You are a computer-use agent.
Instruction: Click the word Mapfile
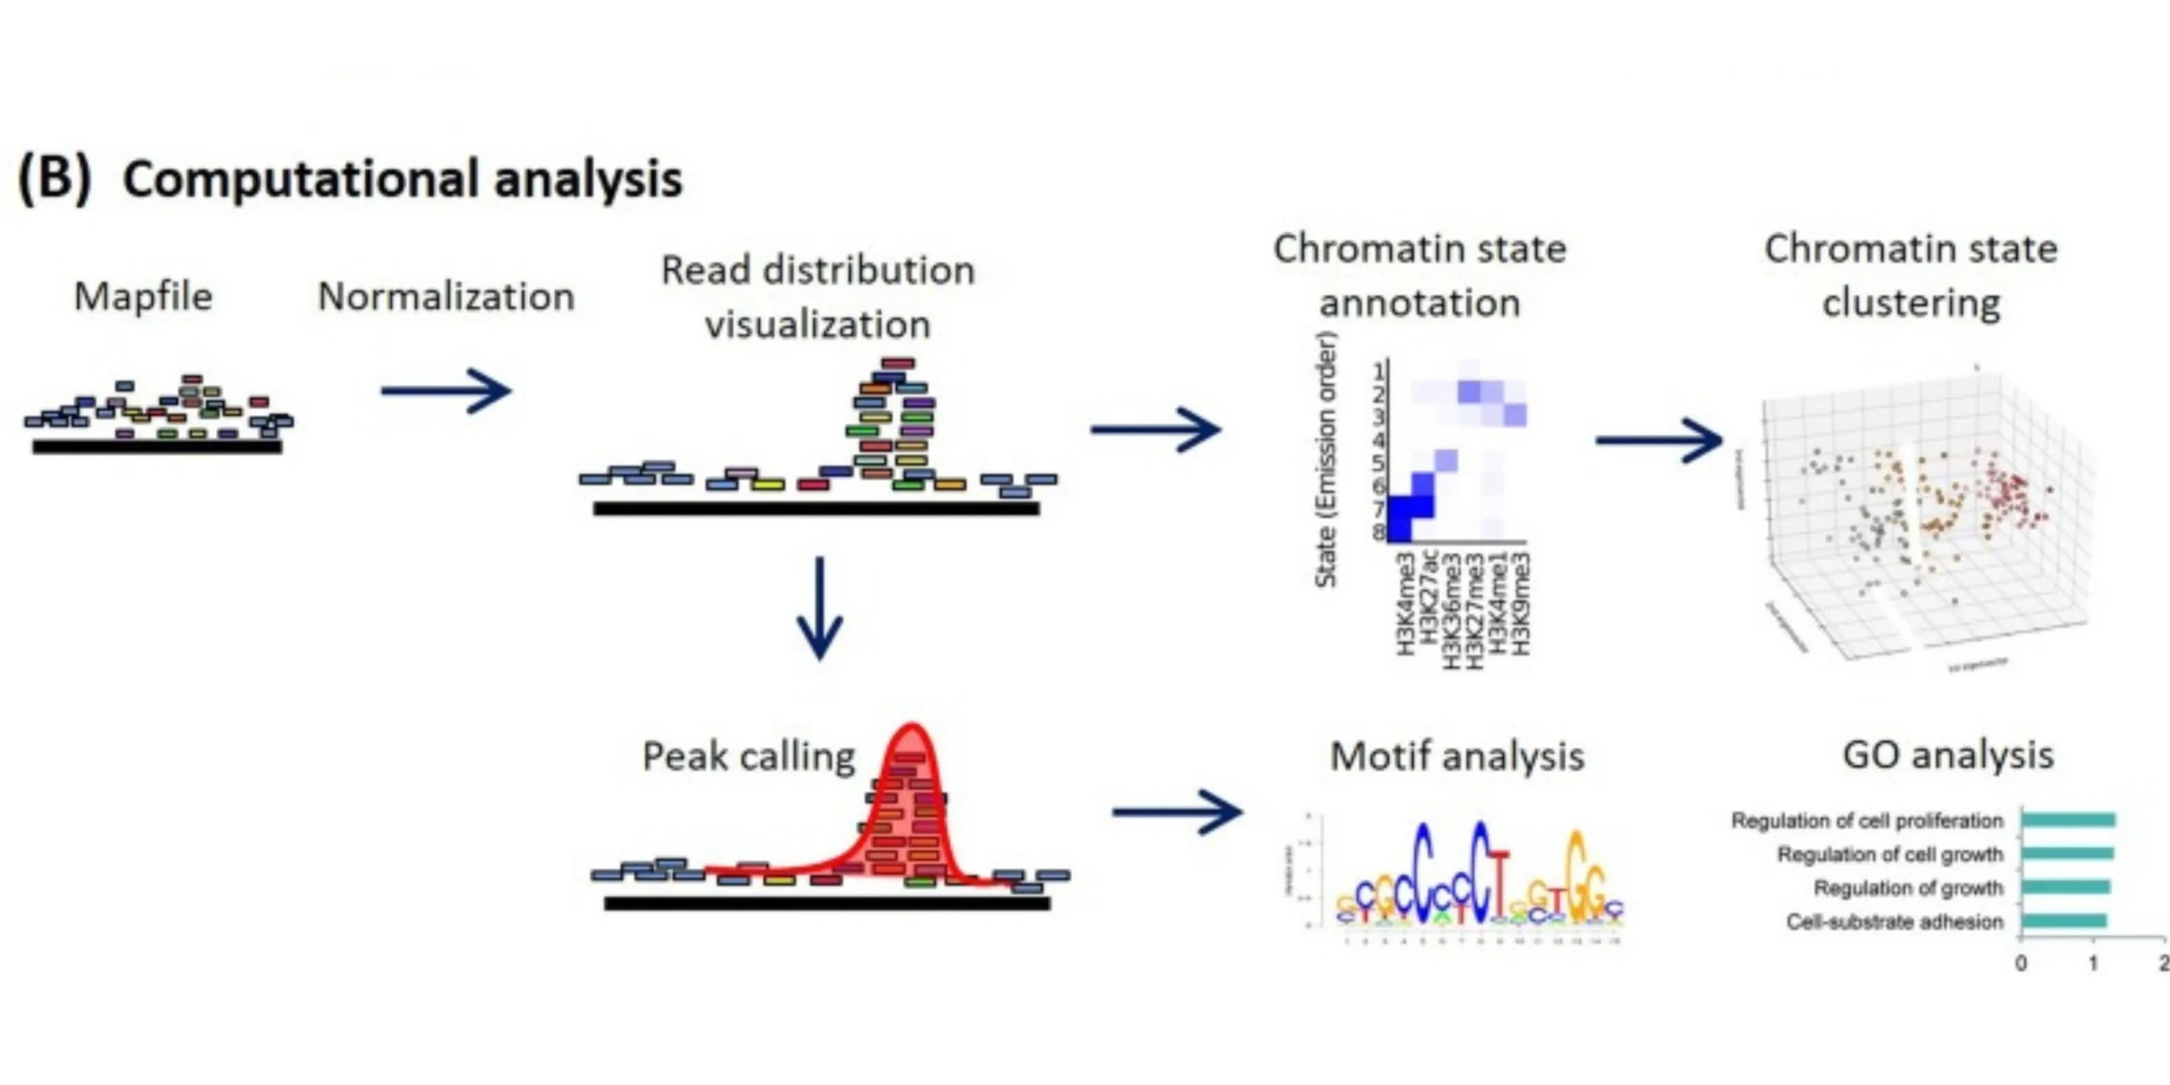coord(143,297)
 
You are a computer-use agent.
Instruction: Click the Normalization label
coord(446,297)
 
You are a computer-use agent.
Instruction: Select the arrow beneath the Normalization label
coord(446,391)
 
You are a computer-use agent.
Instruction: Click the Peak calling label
coord(748,756)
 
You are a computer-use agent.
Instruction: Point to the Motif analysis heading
coord(1457,756)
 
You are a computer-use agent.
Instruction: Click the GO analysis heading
coord(1948,754)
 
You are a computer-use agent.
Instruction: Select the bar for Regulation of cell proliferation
coord(2068,820)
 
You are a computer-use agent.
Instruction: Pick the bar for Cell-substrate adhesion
coord(2064,921)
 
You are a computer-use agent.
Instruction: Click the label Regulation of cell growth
coord(1889,854)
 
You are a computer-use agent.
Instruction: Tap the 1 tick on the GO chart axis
coord(2093,964)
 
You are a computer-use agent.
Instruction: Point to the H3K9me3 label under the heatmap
coord(1521,604)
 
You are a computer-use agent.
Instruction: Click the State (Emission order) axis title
coord(1326,460)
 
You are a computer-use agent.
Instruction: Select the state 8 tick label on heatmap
coord(1379,532)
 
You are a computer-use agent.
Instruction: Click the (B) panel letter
coord(54,180)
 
